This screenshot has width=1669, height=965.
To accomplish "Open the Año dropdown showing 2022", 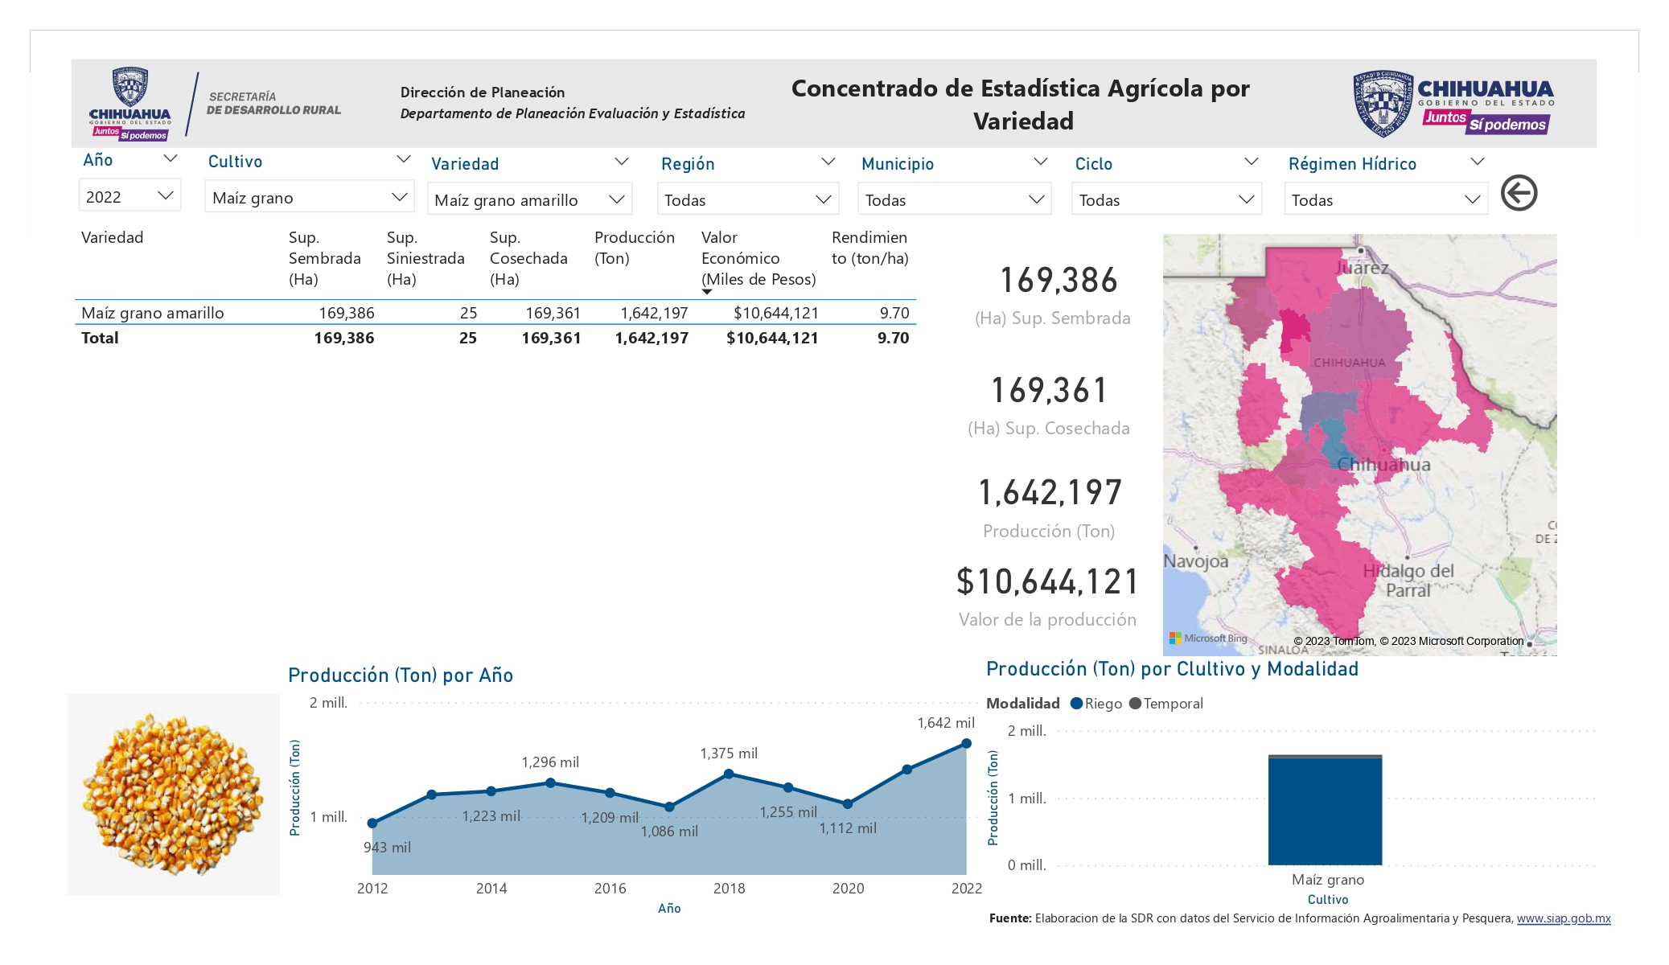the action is (x=129, y=196).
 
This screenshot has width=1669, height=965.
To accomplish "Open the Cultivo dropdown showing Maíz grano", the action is (x=310, y=197).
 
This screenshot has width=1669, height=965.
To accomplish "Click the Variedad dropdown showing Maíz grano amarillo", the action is (x=529, y=199).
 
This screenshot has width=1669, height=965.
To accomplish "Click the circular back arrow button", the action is (x=1519, y=193).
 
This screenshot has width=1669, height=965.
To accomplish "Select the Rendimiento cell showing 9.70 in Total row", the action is (x=893, y=338).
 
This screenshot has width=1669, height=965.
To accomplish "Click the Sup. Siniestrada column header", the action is (x=425, y=258).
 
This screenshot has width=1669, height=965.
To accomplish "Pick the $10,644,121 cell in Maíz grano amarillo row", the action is (x=775, y=313).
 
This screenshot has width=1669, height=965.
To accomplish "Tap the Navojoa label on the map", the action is (x=1196, y=561).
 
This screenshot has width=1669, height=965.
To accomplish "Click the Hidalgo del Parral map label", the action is (x=1408, y=580).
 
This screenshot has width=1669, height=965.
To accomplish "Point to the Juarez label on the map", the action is (x=1362, y=268).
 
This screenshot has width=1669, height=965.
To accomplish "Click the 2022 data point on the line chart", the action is (x=967, y=743).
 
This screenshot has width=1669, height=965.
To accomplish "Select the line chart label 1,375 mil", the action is (x=729, y=754).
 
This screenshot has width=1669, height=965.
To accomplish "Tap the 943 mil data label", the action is (x=387, y=848).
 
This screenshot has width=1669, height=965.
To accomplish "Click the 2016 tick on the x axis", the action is (x=610, y=889).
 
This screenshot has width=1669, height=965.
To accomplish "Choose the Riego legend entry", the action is (x=1096, y=704).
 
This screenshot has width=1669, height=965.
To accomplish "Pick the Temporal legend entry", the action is (x=1166, y=704).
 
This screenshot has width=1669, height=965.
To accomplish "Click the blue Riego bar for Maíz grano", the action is (x=1325, y=811).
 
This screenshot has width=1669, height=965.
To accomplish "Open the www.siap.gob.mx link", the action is (x=1564, y=918).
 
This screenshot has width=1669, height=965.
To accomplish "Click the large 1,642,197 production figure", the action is (x=1050, y=492).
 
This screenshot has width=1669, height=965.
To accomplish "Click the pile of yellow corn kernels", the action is (x=173, y=794).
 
